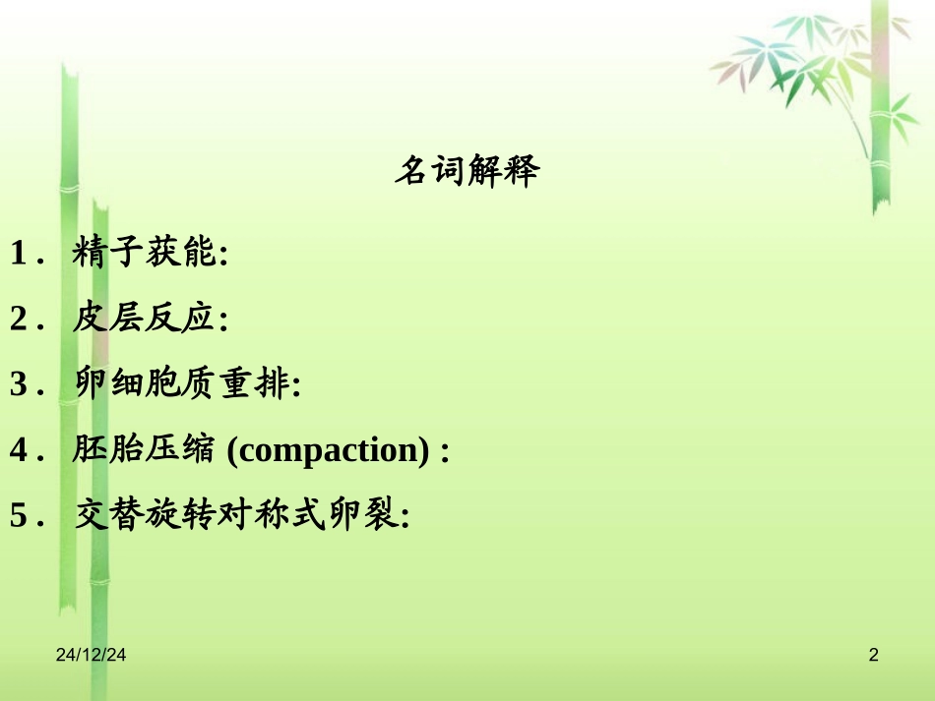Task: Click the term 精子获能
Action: coord(144,254)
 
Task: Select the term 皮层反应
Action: coord(144,319)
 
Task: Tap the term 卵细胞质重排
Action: coord(180,383)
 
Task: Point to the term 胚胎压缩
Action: coord(144,449)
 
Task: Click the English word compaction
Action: coord(329,450)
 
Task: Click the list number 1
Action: coord(18,255)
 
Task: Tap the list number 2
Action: coord(18,320)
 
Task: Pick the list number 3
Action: coord(18,384)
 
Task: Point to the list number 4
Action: coord(18,450)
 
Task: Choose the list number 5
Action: coord(18,515)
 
